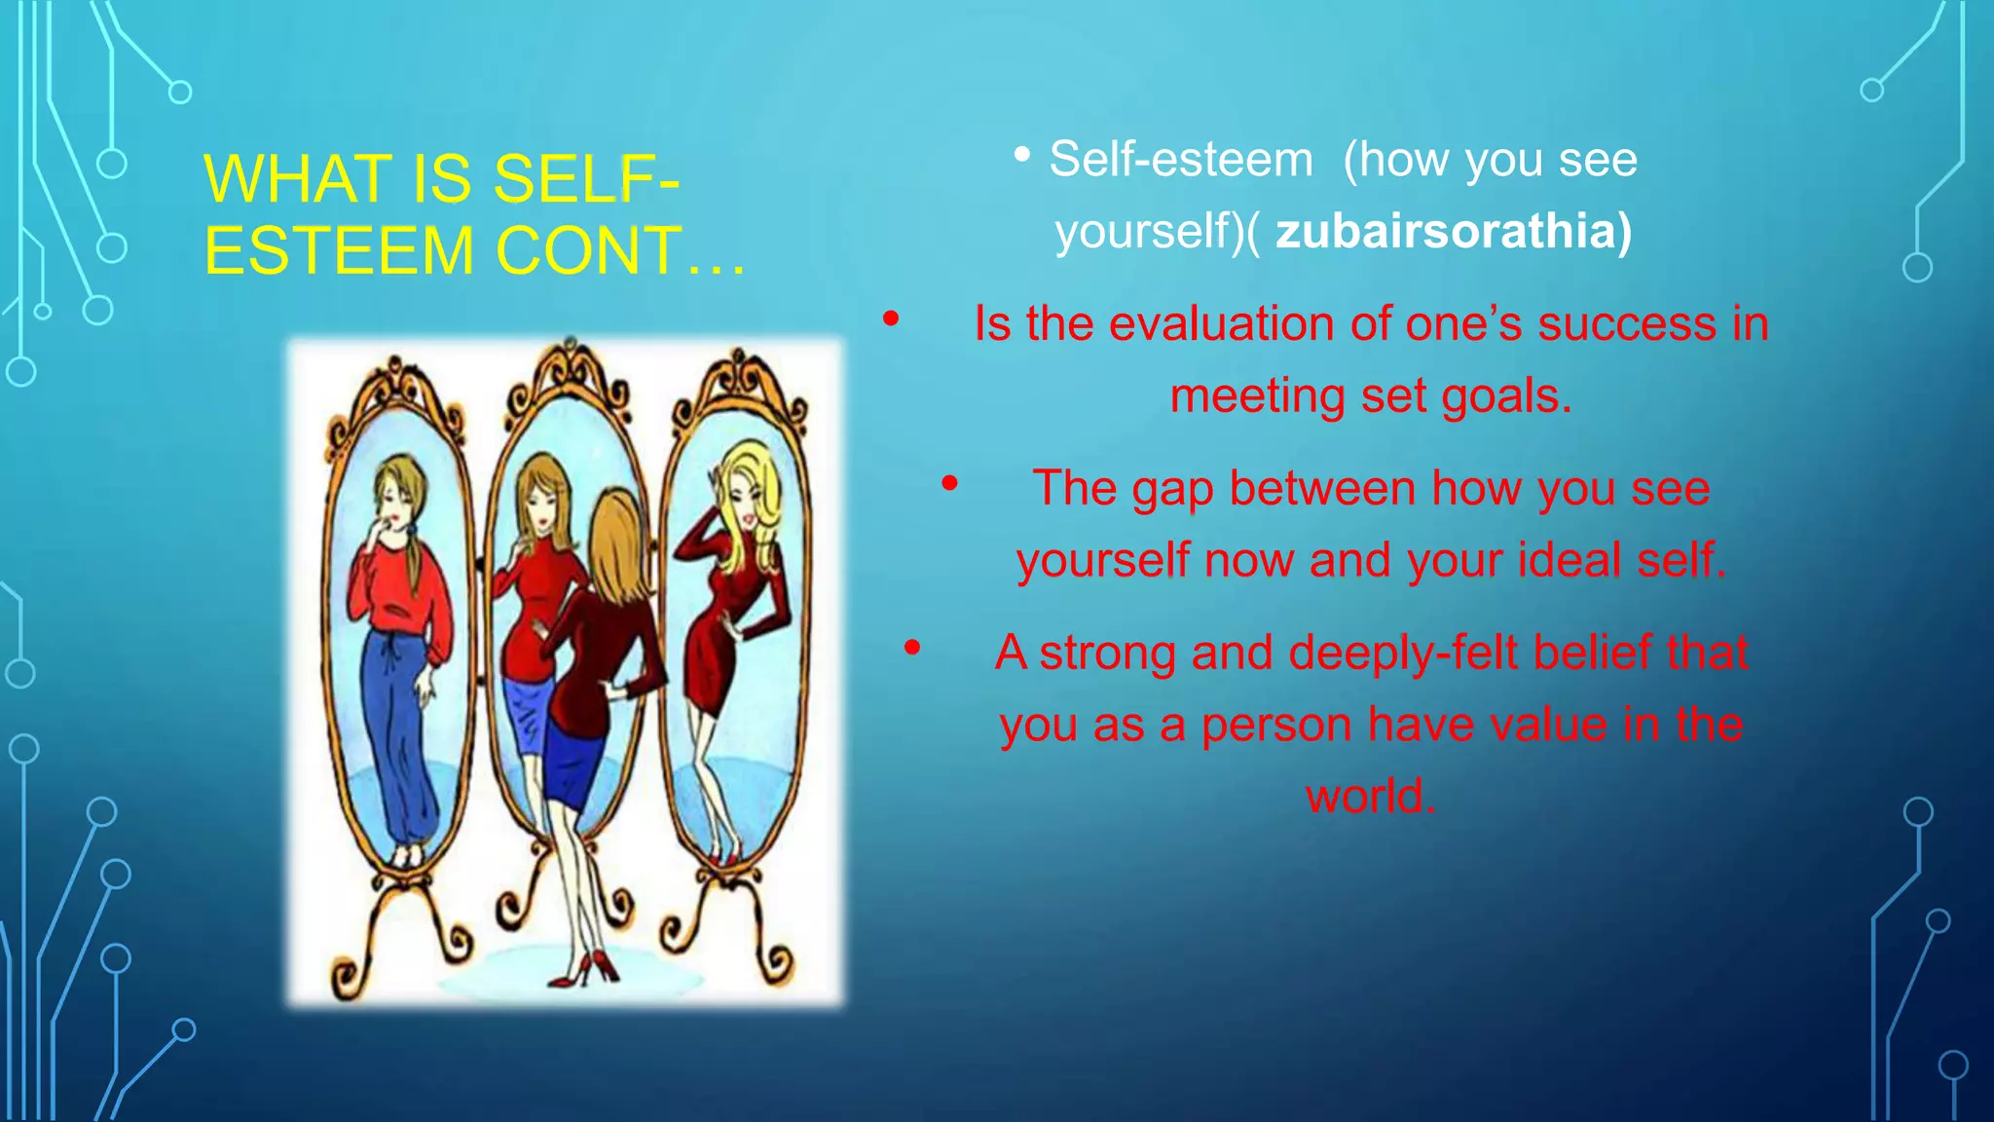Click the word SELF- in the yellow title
tap(585, 180)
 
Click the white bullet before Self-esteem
tap(1021, 154)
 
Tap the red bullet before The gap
tap(949, 482)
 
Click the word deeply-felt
tap(1403, 653)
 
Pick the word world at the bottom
tap(1369, 796)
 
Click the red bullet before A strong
tap(912, 647)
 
